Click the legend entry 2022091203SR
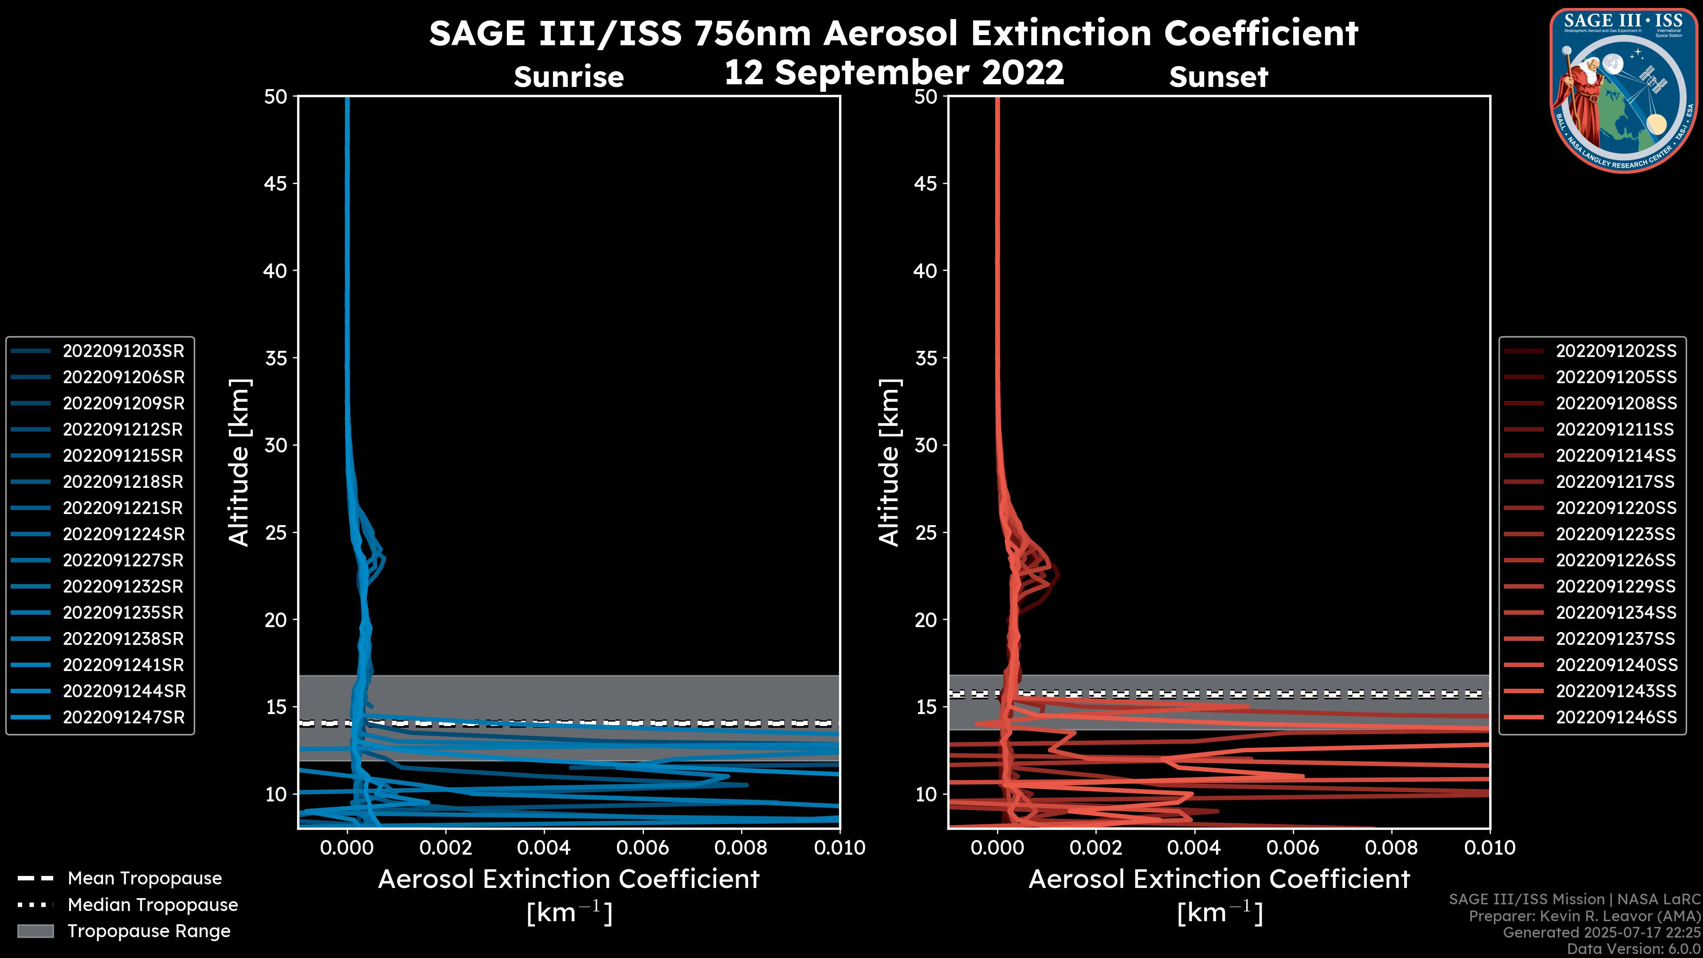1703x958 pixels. (123, 351)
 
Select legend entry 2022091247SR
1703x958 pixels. (123, 717)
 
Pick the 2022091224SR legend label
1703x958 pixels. (123, 534)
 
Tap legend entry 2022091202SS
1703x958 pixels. (1616, 351)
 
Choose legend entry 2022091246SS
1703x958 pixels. (1616, 717)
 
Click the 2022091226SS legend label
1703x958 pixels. (1616, 561)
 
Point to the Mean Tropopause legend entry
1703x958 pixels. (144, 879)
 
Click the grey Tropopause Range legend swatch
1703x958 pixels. (35, 931)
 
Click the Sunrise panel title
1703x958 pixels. (569, 77)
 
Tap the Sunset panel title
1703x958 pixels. (1218, 77)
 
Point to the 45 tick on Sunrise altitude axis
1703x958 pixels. (275, 184)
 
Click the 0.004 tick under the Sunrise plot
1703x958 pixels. (543, 848)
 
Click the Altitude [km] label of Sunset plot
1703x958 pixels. (889, 462)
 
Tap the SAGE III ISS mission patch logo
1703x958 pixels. (1624, 89)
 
